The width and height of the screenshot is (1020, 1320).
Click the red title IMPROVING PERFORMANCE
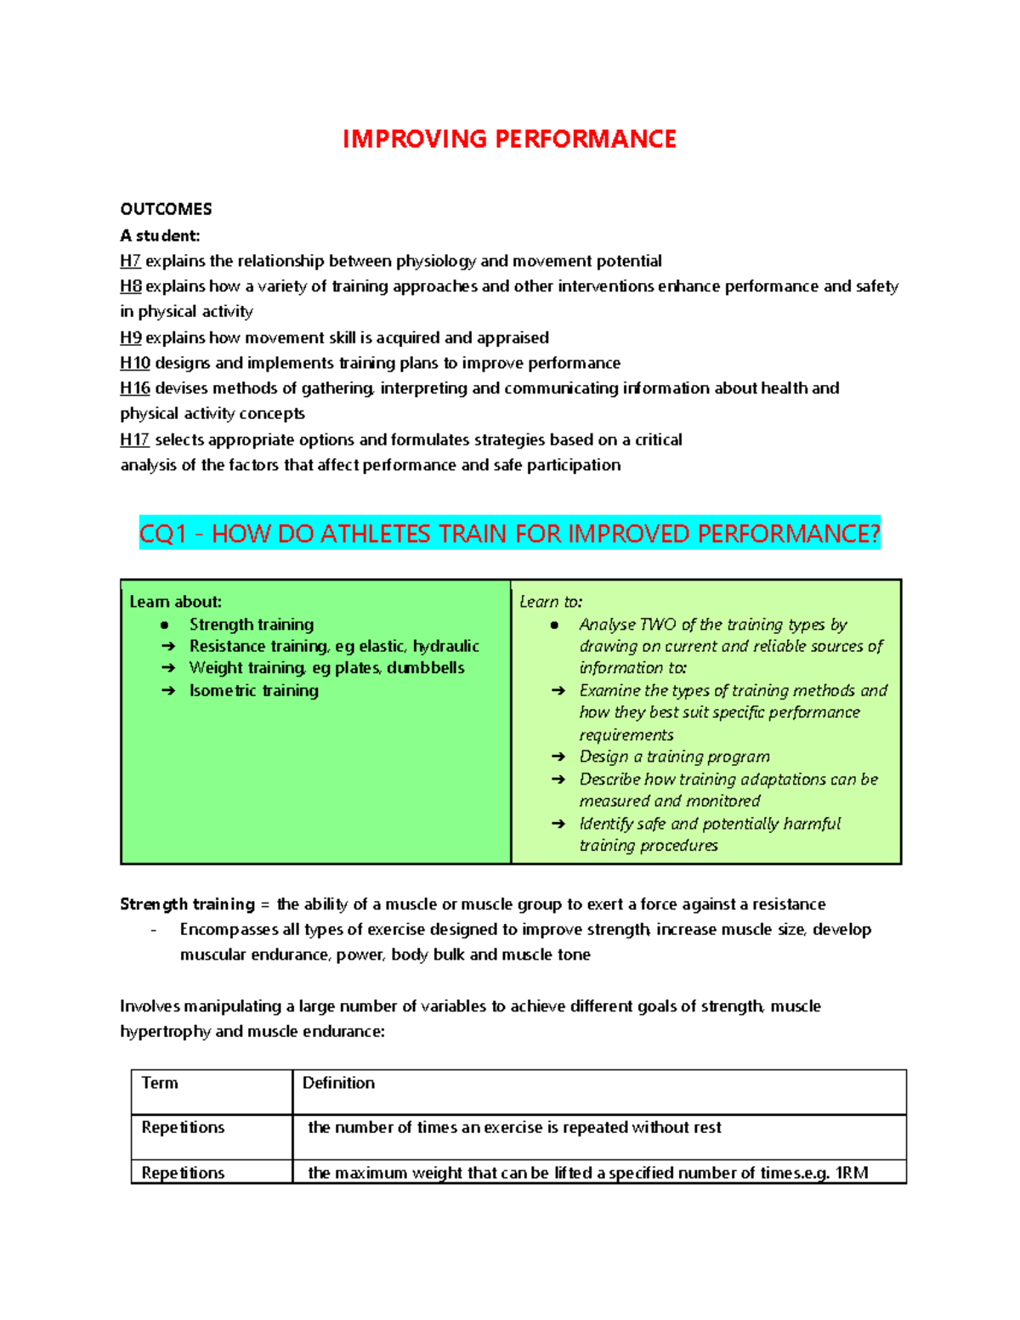(509, 139)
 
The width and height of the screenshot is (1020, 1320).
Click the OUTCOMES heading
(166, 209)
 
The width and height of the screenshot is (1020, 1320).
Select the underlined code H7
(130, 261)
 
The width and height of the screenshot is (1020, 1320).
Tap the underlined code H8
(130, 286)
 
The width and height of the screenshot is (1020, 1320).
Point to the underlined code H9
(130, 337)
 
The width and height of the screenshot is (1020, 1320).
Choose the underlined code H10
(134, 363)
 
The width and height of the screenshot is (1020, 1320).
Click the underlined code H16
(134, 388)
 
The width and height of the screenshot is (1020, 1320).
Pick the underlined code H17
(134, 439)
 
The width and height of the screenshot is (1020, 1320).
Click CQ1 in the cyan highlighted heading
(162, 534)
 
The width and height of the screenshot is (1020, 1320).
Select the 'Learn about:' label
(175, 602)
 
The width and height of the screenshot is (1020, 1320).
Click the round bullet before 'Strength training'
(165, 625)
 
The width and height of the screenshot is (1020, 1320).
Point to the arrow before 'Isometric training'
(167, 691)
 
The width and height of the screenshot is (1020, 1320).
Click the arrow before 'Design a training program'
(558, 756)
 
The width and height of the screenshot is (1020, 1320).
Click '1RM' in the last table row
(852, 1173)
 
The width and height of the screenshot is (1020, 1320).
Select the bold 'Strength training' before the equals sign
(187, 904)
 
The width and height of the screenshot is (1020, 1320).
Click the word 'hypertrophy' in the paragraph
(165, 1032)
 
